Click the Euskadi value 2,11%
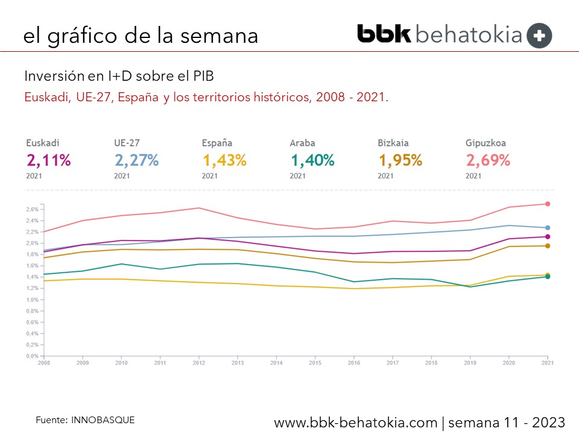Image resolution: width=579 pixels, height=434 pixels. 48,160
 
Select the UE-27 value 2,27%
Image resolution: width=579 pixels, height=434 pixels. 136,160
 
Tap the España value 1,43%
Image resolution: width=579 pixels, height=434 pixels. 224,160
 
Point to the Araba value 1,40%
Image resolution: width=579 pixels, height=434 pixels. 312,160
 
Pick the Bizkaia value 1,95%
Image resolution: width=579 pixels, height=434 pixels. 400,160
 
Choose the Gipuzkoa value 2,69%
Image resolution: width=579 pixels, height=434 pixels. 488,160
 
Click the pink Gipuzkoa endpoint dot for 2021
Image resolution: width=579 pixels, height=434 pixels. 548,204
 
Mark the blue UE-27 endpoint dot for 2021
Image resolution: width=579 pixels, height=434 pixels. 548,228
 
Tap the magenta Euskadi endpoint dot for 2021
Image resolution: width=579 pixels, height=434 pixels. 548,237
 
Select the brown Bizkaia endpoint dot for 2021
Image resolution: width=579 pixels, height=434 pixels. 548,246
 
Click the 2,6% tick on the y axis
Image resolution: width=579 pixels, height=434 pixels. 33,209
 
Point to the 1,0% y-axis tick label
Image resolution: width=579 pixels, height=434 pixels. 33,300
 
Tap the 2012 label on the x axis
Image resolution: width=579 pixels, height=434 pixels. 200,363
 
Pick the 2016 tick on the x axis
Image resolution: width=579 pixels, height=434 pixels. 354,363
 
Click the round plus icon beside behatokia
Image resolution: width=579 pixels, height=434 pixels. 539,36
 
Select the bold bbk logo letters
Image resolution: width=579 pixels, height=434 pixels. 384,34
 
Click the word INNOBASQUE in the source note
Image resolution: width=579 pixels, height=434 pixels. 103,419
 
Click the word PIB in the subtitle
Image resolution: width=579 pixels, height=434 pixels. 202,77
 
